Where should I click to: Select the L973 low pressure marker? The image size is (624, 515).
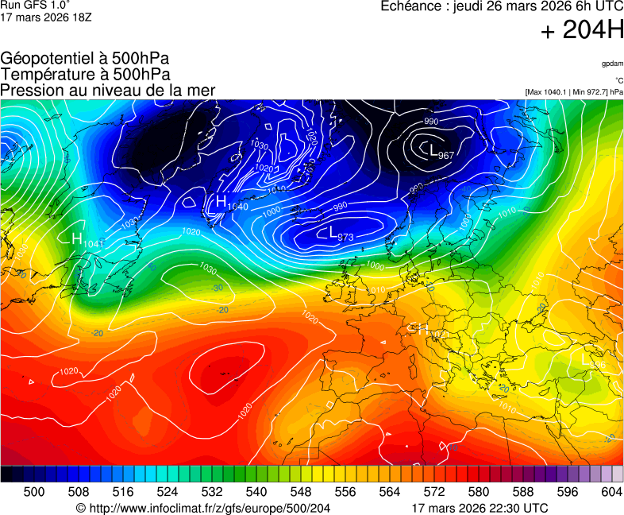tap(341, 234)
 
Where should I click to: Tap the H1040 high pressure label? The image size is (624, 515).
tap(228, 203)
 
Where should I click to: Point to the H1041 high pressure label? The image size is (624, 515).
tap(87, 239)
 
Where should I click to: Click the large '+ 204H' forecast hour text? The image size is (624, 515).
tap(582, 31)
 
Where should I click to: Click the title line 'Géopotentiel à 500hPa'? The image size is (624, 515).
tap(85, 59)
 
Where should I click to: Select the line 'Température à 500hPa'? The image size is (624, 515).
tap(85, 74)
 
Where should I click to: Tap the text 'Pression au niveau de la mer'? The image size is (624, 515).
tap(108, 90)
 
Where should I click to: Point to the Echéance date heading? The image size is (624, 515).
tap(502, 6)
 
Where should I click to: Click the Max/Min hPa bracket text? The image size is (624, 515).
tap(574, 92)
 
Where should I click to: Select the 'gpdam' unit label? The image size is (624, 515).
tap(612, 63)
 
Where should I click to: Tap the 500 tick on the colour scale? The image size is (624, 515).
tap(34, 492)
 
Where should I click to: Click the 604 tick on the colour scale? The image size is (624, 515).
tap(612, 492)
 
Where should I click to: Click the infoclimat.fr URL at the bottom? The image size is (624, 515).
tap(203, 508)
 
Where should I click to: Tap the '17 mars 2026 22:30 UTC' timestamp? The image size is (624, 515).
tap(480, 508)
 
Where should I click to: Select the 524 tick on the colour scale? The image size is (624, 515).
tap(168, 492)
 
